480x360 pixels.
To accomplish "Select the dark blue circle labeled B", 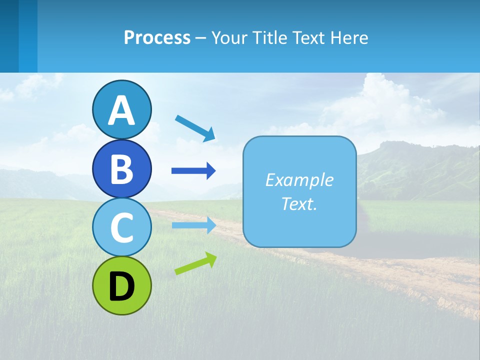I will tap(121, 168).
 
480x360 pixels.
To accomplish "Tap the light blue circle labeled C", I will tap(121, 227).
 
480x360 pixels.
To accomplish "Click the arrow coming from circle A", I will tap(195, 128).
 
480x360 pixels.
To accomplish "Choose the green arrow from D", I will tap(195, 263).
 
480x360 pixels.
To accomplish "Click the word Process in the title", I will tap(157, 37).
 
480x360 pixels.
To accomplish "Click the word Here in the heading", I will tap(349, 37).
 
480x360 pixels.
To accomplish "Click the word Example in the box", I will tap(299, 179).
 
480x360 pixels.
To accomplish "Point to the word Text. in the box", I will tap(299, 203).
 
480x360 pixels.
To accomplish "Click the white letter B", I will tap(121, 168).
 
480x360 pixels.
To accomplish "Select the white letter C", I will tap(121, 227).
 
